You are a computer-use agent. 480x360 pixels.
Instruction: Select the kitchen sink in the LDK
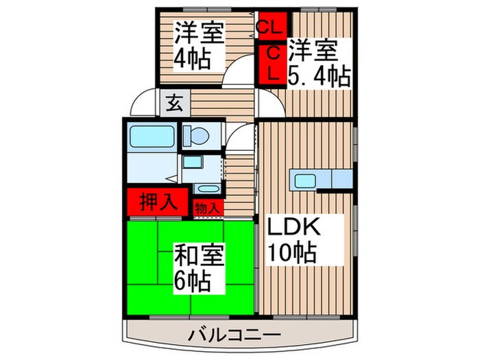(304, 181)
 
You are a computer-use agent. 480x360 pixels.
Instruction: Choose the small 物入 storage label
(208, 206)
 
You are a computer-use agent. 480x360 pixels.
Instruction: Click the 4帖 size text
(190, 58)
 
